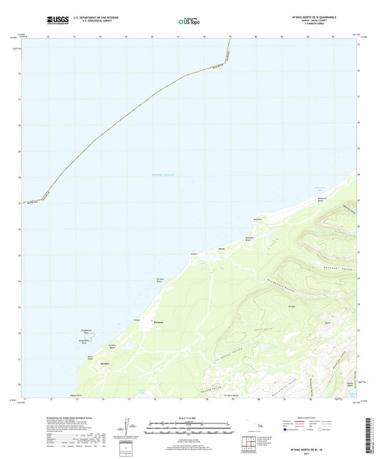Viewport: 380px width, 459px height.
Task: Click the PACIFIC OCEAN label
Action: click(x=163, y=175)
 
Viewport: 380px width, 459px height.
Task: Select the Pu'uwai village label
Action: click(x=159, y=322)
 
